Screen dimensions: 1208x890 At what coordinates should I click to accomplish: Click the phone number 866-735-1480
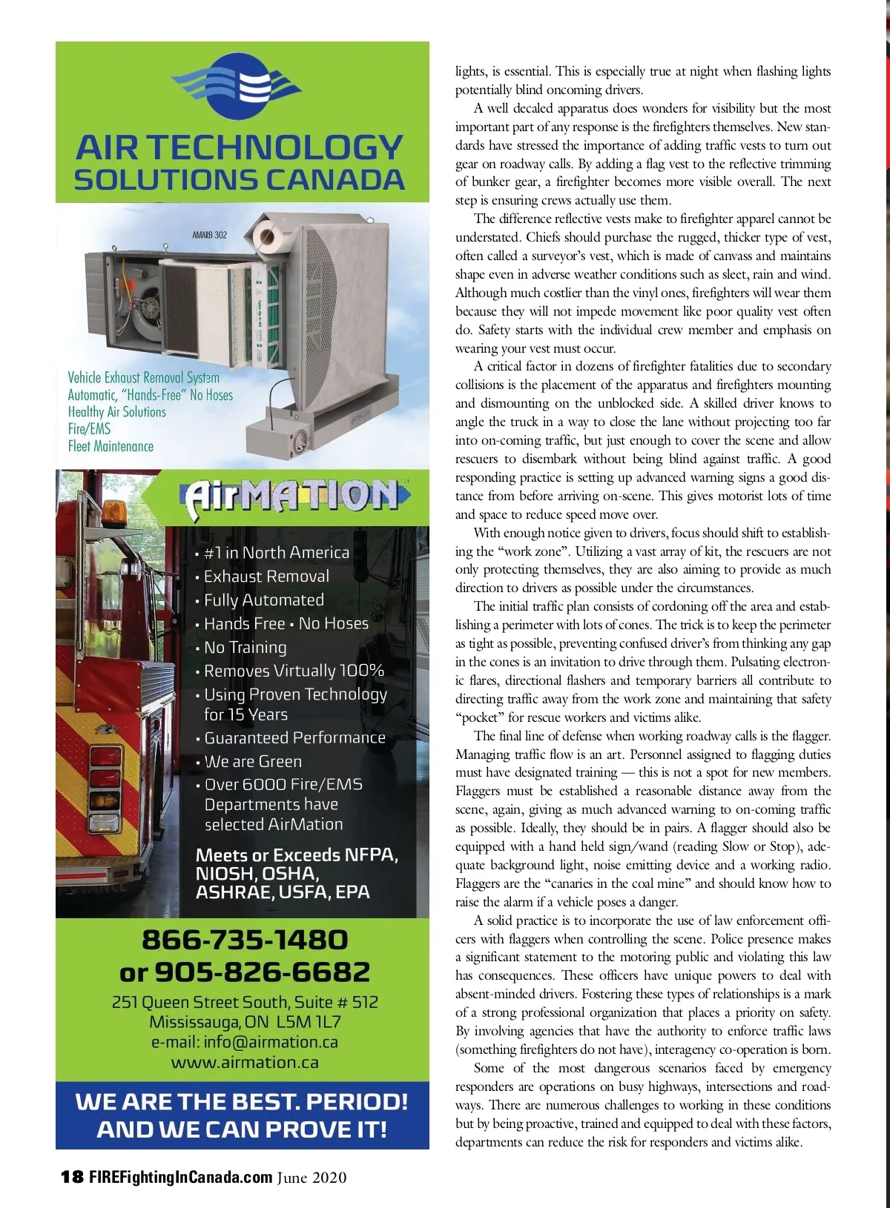pos(244,940)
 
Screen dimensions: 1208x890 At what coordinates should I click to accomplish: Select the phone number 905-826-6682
pos(262,972)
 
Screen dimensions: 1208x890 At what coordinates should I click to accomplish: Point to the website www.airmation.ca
pos(245,1062)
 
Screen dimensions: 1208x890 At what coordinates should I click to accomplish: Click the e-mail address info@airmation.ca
pos(271,1042)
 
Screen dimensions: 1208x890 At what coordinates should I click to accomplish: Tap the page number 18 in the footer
pos(72,1177)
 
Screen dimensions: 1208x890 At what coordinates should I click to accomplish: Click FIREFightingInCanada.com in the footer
pos(180,1177)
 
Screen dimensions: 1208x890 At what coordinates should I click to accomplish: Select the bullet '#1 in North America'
pos(276,553)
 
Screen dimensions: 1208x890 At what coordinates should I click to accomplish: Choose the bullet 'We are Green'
pos(253,761)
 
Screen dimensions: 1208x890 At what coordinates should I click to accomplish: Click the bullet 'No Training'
pos(245,647)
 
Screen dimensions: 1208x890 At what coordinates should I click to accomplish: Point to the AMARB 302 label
pos(209,235)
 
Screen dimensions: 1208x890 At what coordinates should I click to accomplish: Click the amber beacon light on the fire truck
pos(116,511)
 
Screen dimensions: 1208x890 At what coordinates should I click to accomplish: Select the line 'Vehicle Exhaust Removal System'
pos(143,377)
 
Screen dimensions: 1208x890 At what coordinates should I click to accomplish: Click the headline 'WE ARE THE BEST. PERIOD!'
pos(242,1101)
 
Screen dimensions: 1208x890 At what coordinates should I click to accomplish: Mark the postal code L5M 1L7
pos(309,1022)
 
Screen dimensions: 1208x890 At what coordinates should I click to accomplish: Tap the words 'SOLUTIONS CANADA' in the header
pos(239,180)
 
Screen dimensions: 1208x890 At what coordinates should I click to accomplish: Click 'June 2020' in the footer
pos(311,1177)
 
